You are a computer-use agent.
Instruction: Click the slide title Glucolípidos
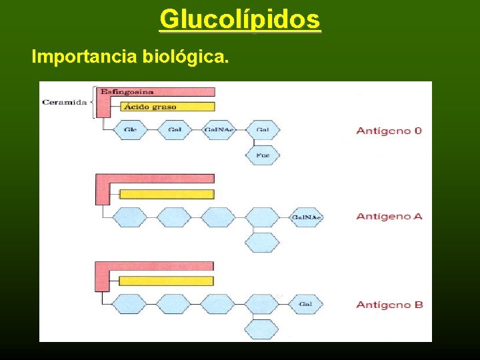click(240, 19)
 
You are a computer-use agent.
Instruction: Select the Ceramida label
click(64, 102)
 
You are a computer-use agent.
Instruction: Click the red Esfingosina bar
click(157, 92)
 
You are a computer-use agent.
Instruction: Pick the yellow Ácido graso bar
click(167, 106)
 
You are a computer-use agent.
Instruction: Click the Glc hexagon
click(129, 129)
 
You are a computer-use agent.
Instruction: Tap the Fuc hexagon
click(262, 155)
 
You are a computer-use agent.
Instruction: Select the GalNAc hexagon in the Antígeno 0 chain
click(218, 129)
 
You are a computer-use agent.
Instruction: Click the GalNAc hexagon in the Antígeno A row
click(306, 217)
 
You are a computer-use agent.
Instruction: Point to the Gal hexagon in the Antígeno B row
click(306, 305)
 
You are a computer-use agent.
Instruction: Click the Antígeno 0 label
click(389, 131)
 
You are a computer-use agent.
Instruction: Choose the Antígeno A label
click(389, 216)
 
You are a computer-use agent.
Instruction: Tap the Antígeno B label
click(389, 305)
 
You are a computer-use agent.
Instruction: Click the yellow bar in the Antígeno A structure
click(167, 194)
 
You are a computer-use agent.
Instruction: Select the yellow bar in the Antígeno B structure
click(167, 281)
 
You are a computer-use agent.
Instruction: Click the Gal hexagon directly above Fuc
click(262, 129)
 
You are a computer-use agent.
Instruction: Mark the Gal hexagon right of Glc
click(174, 129)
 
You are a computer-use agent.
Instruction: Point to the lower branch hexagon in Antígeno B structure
click(261, 329)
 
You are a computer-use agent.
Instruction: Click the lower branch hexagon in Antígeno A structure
click(261, 242)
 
